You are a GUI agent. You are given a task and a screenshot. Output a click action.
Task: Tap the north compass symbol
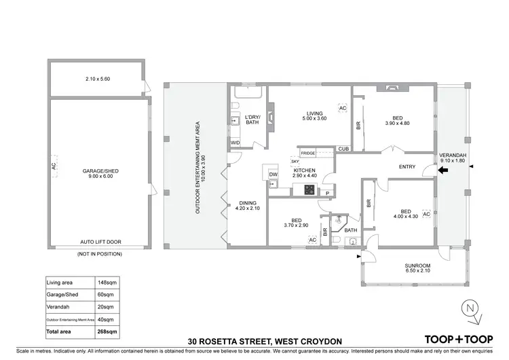[470, 309]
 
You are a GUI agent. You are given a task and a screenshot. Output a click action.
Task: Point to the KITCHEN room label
[305, 170]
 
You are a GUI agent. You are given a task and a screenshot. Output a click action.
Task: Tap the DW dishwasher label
[273, 175]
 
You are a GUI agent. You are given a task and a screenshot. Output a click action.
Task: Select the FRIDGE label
[308, 154]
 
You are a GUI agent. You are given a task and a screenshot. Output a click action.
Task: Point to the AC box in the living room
[343, 109]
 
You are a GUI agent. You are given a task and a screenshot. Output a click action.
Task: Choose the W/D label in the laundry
[235, 143]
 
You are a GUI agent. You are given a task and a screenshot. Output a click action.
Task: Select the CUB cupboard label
[343, 149]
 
